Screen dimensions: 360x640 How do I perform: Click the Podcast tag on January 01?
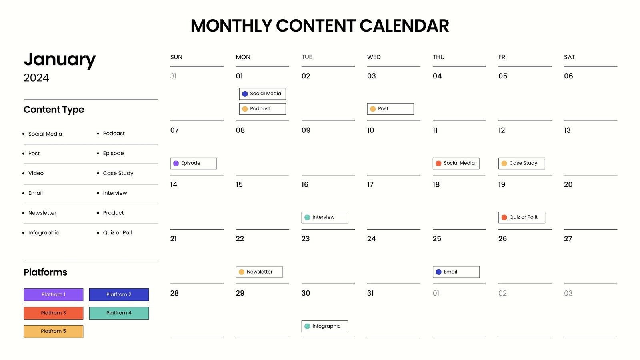coord(262,109)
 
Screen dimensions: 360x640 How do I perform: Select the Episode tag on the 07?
coord(194,163)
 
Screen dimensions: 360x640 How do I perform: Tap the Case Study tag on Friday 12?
coord(522,163)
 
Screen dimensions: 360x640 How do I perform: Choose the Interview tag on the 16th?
coord(324,217)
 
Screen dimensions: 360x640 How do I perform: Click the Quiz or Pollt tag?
coord(522,217)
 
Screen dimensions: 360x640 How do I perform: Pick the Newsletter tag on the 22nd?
coord(259,272)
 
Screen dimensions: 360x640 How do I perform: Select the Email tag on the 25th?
coord(456,272)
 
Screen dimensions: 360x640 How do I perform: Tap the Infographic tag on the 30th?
coord(324,326)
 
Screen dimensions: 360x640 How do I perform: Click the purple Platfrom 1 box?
coord(53,294)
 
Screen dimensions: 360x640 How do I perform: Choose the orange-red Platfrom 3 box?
coord(53,313)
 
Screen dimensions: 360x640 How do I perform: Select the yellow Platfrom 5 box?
coord(53,331)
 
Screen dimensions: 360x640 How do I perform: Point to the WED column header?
coord(374,57)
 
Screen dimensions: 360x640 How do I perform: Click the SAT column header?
coord(569,57)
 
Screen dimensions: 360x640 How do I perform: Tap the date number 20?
coord(568,184)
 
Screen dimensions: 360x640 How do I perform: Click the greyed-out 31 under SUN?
coord(173,76)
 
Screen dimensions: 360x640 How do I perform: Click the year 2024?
coord(36,78)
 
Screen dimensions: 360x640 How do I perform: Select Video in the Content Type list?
coord(36,173)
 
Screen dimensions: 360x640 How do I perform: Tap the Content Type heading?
coord(54,110)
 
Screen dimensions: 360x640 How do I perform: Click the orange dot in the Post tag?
coord(373,109)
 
